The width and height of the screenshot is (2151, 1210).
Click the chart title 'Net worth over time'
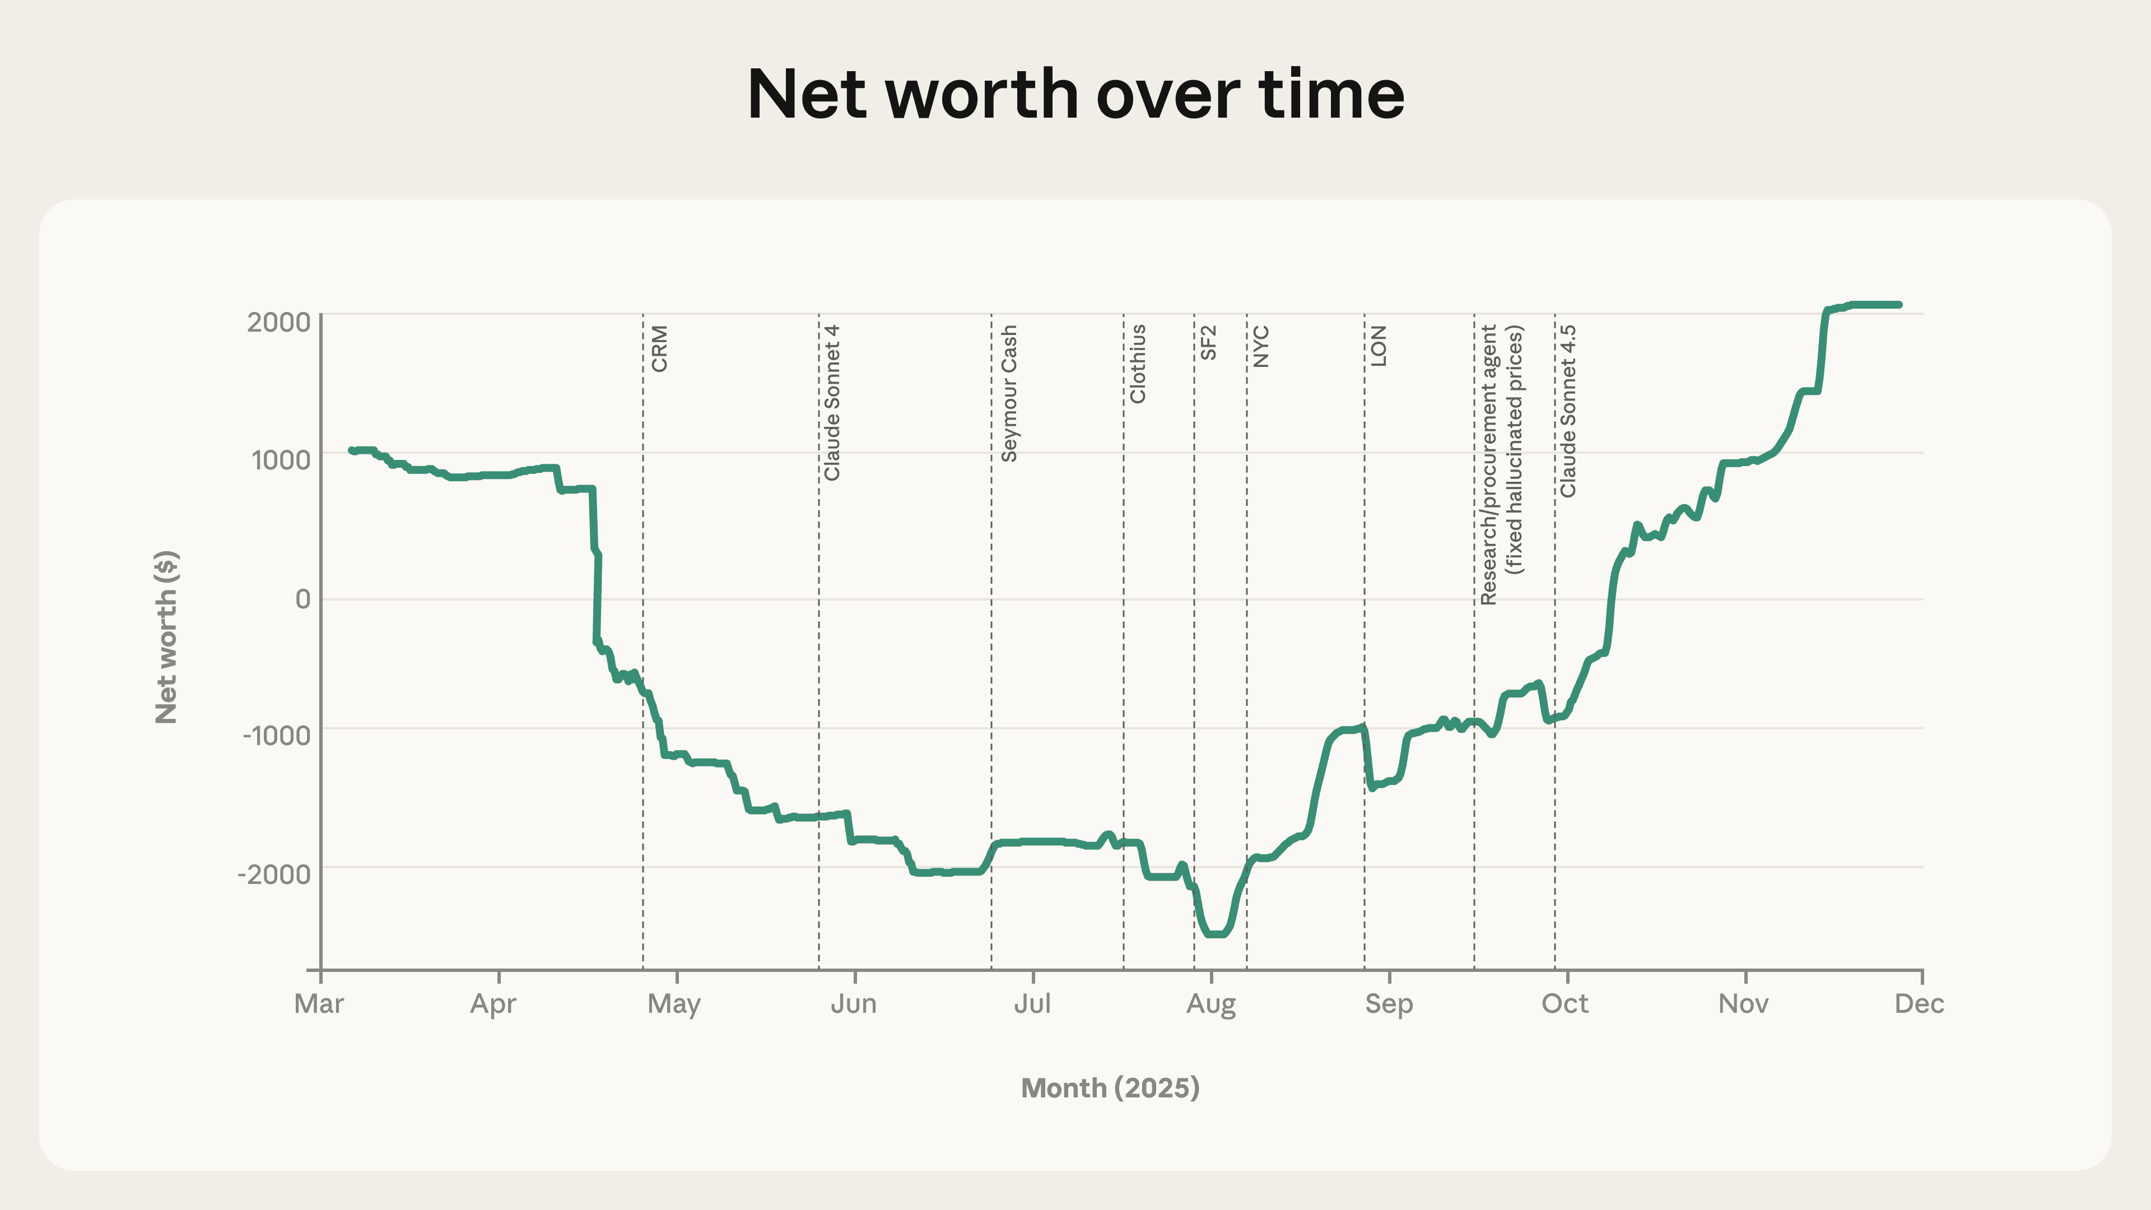pyautogui.click(x=1075, y=94)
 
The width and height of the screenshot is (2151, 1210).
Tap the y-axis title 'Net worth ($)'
pyautogui.click(x=166, y=636)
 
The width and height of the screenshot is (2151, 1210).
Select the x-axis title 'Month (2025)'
pyautogui.click(x=1110, y=1087)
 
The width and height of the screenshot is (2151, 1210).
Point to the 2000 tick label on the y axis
pyautogui.click(x=278, y=322)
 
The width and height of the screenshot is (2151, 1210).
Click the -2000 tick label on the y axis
pyautogui.click(x=274, y=874)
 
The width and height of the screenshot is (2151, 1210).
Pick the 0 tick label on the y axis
pyautogui.click(x=302, y=599)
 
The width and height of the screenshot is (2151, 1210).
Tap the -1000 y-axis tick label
pyautogui.click(x=276, y=736)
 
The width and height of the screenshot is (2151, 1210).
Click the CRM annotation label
pyautogui.click(x=660, y=348)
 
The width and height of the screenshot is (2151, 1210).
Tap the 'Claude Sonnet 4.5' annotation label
pyautogui.click(x=1568, y=411)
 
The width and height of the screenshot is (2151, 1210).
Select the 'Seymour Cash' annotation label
pyautogui.click(x=1009, y=393)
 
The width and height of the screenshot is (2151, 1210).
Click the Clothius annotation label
pyautogui.click(x=1137, y=364)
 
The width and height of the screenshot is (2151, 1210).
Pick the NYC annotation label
pyautogui.click(x=1261, y=347)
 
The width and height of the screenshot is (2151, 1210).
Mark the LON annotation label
pyautogui.click(x=1379, y=346)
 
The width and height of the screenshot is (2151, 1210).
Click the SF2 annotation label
pyautogui.click(x=1208, y=342)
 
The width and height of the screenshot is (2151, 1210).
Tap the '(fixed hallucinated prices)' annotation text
pyautogui.click(x=1515, y=449)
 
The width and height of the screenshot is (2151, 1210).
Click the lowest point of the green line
pyautogui.click(x=1216, y=934)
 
